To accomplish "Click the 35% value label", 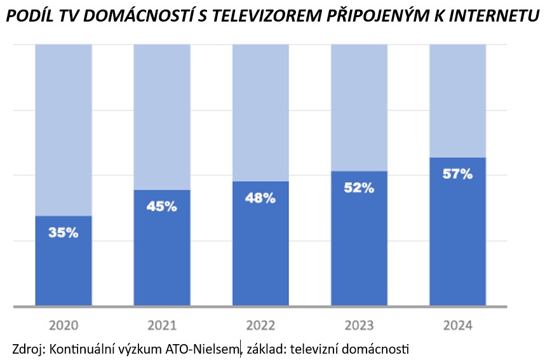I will click(64, 232).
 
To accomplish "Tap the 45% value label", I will click(162, 206).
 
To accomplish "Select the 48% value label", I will click(260, 198).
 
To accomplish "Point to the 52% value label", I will click(359, 187).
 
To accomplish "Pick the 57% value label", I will click(457, 174).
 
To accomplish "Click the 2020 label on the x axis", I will click(63, 326).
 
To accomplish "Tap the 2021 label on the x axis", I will click(162, 326).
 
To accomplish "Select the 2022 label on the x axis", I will click(260, 326).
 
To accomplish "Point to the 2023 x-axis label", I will click(359, 326).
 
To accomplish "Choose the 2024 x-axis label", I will click(457, 326).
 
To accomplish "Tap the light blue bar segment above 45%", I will click(162, 117).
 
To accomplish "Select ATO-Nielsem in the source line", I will click(207, 349).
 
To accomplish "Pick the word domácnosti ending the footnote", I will click(378, 349).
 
